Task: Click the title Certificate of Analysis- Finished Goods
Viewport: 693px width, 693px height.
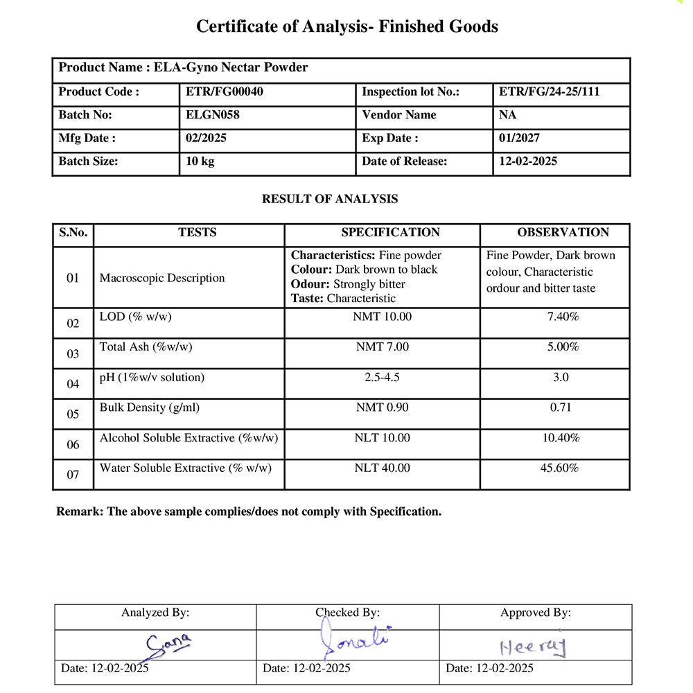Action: pyautogui.click(x=346, y=26)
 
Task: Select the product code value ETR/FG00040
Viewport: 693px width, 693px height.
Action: pyautogui.click(x=225, y=91)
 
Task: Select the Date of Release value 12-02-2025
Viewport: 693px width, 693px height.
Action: pyautogui.click(x=528, y=161)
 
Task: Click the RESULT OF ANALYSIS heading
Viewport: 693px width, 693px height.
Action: pyautogui.click(x=330, y=199)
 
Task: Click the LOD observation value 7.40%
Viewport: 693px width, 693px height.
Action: pyautogui.click(x=563, y=317)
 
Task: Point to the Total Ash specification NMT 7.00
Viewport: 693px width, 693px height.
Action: pyautogui.click(x=383, y=346)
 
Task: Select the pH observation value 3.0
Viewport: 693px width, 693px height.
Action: pyautogui.click(x=561, y=377)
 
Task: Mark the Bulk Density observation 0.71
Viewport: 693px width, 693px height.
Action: pyautogui.click(x=561, y=407)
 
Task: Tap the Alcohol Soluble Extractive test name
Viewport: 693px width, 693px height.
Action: pyautogui.click(x=188, y=438)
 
